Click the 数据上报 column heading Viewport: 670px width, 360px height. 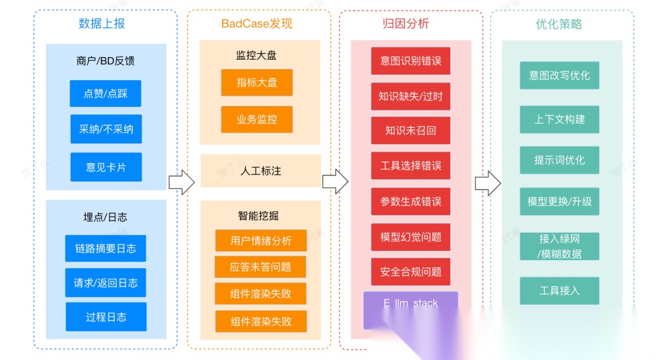coord(102,24)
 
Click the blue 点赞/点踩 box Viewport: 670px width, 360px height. coord(105,94)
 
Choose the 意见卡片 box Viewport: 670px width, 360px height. coord(105,167)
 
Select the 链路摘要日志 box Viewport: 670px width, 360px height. coord(105,248)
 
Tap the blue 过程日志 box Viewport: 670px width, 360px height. coord(105,317)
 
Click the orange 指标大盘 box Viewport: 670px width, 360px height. coord(257,83)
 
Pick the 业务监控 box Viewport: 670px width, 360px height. coord(257,119)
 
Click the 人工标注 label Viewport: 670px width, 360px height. coord(261,171)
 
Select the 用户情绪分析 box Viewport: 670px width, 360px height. coord(261,241)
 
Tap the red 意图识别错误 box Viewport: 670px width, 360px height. coord(411,61)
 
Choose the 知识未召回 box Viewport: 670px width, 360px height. coord(411,131)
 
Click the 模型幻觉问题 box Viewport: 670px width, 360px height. coord(411,236)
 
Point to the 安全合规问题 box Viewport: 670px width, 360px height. coord(411,272)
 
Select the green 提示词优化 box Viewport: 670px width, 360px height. coord(560,160)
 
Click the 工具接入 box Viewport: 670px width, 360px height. coord(560,290)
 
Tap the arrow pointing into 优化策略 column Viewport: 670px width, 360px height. coord(488,182)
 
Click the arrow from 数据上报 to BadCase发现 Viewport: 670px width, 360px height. coord(182,182)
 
